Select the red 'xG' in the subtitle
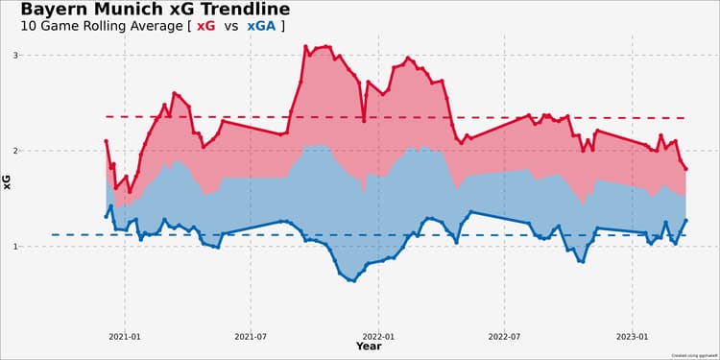pyautogui.click(x=205, y=27)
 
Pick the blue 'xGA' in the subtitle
pyautogui.click(x=260, y=27)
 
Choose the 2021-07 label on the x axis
pyautogui.click(x=250, y=337)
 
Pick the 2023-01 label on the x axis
pyautogui.click(x=633, y=337)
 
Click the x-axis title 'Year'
pyautogui.click(x=369, y=347)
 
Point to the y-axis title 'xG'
pyautogui.click(x=8, y=179)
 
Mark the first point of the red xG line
pyautogui.click(x=106, y=141)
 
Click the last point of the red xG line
pyautogui.click(x=686, y=169)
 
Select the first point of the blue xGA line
pyautogui.click(x=106, y=217)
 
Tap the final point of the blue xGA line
pyautogui.click(x=686, y=220)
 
